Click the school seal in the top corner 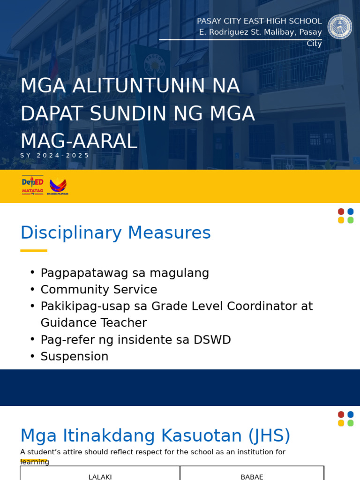click(339, 27)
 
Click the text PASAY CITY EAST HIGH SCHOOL click(259, 21)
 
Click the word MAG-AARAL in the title click(79, 142)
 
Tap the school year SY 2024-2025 click(55, 156)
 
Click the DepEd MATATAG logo click(32, 185)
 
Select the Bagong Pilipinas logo click(58, 186)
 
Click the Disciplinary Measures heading click(115, 233)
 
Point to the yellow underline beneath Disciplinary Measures click(34, 251)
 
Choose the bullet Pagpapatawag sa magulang click(125, 273)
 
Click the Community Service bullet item click(98, 290)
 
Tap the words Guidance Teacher click(93, 323)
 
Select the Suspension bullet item click(75, 357)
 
